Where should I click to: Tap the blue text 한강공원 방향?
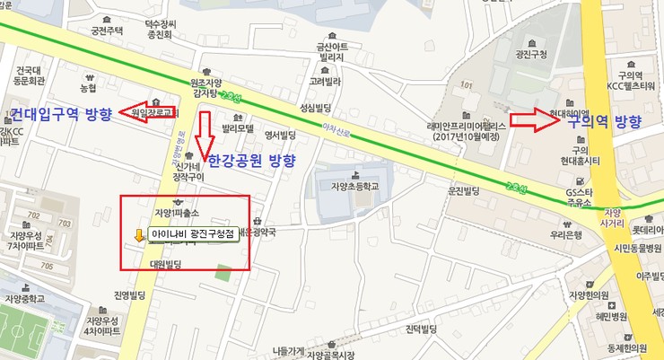(251, 162)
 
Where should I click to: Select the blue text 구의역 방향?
(604, 122)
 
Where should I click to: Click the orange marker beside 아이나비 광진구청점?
(138, 236)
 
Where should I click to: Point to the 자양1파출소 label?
(177, 213)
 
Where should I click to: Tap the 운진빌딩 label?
(463, 191)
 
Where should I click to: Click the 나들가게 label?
(287, 351)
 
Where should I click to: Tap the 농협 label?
(87, 88)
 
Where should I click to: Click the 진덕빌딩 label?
(422, 329)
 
